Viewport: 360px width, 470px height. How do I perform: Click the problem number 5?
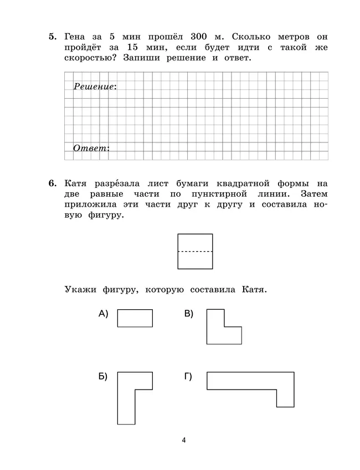point(52,37)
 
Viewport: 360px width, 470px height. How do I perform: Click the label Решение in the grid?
point(94,86)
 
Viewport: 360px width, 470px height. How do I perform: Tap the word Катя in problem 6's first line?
point(78,183)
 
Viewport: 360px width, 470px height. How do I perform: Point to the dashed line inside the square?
point(195,252)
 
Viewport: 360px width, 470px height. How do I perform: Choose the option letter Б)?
point(102,377)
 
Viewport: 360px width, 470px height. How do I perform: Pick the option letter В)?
point(189,314)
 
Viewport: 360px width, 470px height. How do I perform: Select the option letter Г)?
point(188,377)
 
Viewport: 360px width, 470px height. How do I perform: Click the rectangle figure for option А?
point(135,318)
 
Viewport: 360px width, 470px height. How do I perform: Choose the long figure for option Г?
point(249,381)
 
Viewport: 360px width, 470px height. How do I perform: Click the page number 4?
point(183,441)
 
